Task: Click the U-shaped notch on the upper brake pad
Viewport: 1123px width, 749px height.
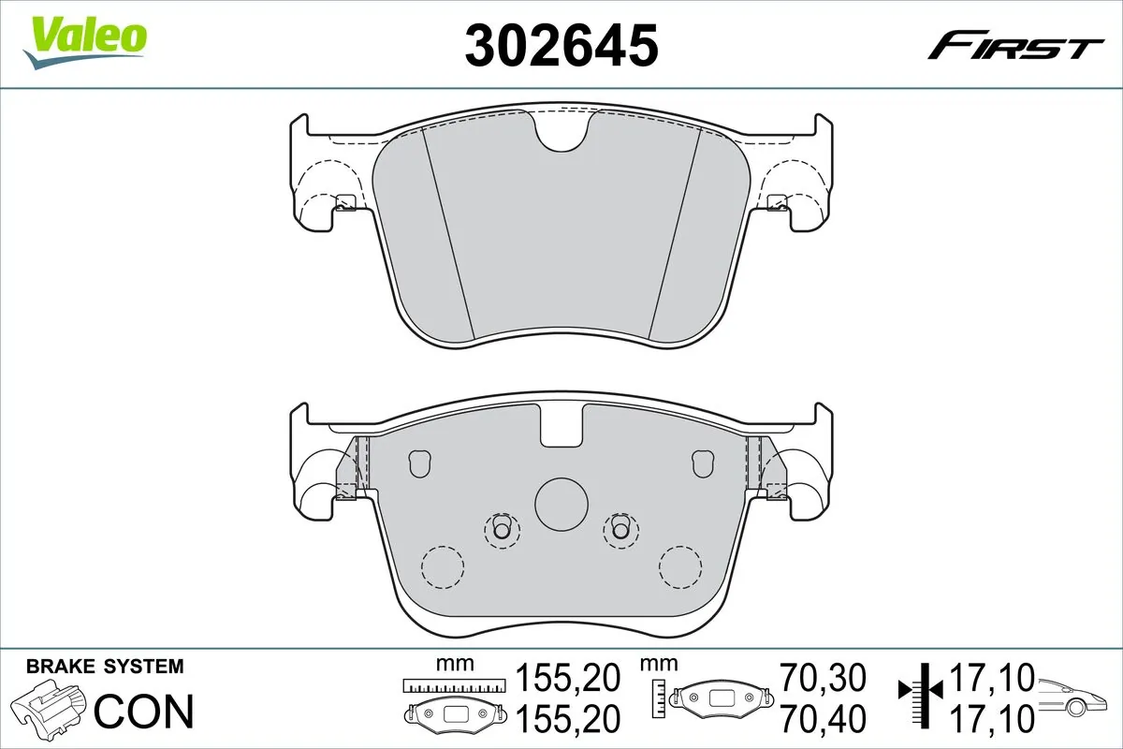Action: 561,134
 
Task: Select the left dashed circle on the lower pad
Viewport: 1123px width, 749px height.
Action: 444,566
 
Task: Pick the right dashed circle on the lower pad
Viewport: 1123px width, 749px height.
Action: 680,566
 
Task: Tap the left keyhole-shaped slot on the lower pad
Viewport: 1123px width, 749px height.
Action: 419,462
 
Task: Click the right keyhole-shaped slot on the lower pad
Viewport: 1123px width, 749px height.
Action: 703,462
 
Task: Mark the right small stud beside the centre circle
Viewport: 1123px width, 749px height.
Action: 620,530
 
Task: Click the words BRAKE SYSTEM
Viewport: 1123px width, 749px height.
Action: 105,667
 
